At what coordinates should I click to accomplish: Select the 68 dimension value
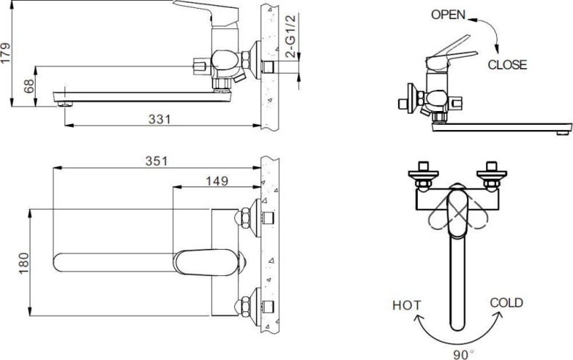[29, 86]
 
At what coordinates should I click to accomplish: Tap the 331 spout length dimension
[160, 119]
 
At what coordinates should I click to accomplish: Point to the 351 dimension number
[155, 160]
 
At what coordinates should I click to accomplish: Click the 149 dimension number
[217, 180]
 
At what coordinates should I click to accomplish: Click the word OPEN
[449, 14]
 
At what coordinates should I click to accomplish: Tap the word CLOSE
[507, 65]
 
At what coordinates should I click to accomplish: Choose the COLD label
[506, 303]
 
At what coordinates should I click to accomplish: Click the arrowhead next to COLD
[498, 314]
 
